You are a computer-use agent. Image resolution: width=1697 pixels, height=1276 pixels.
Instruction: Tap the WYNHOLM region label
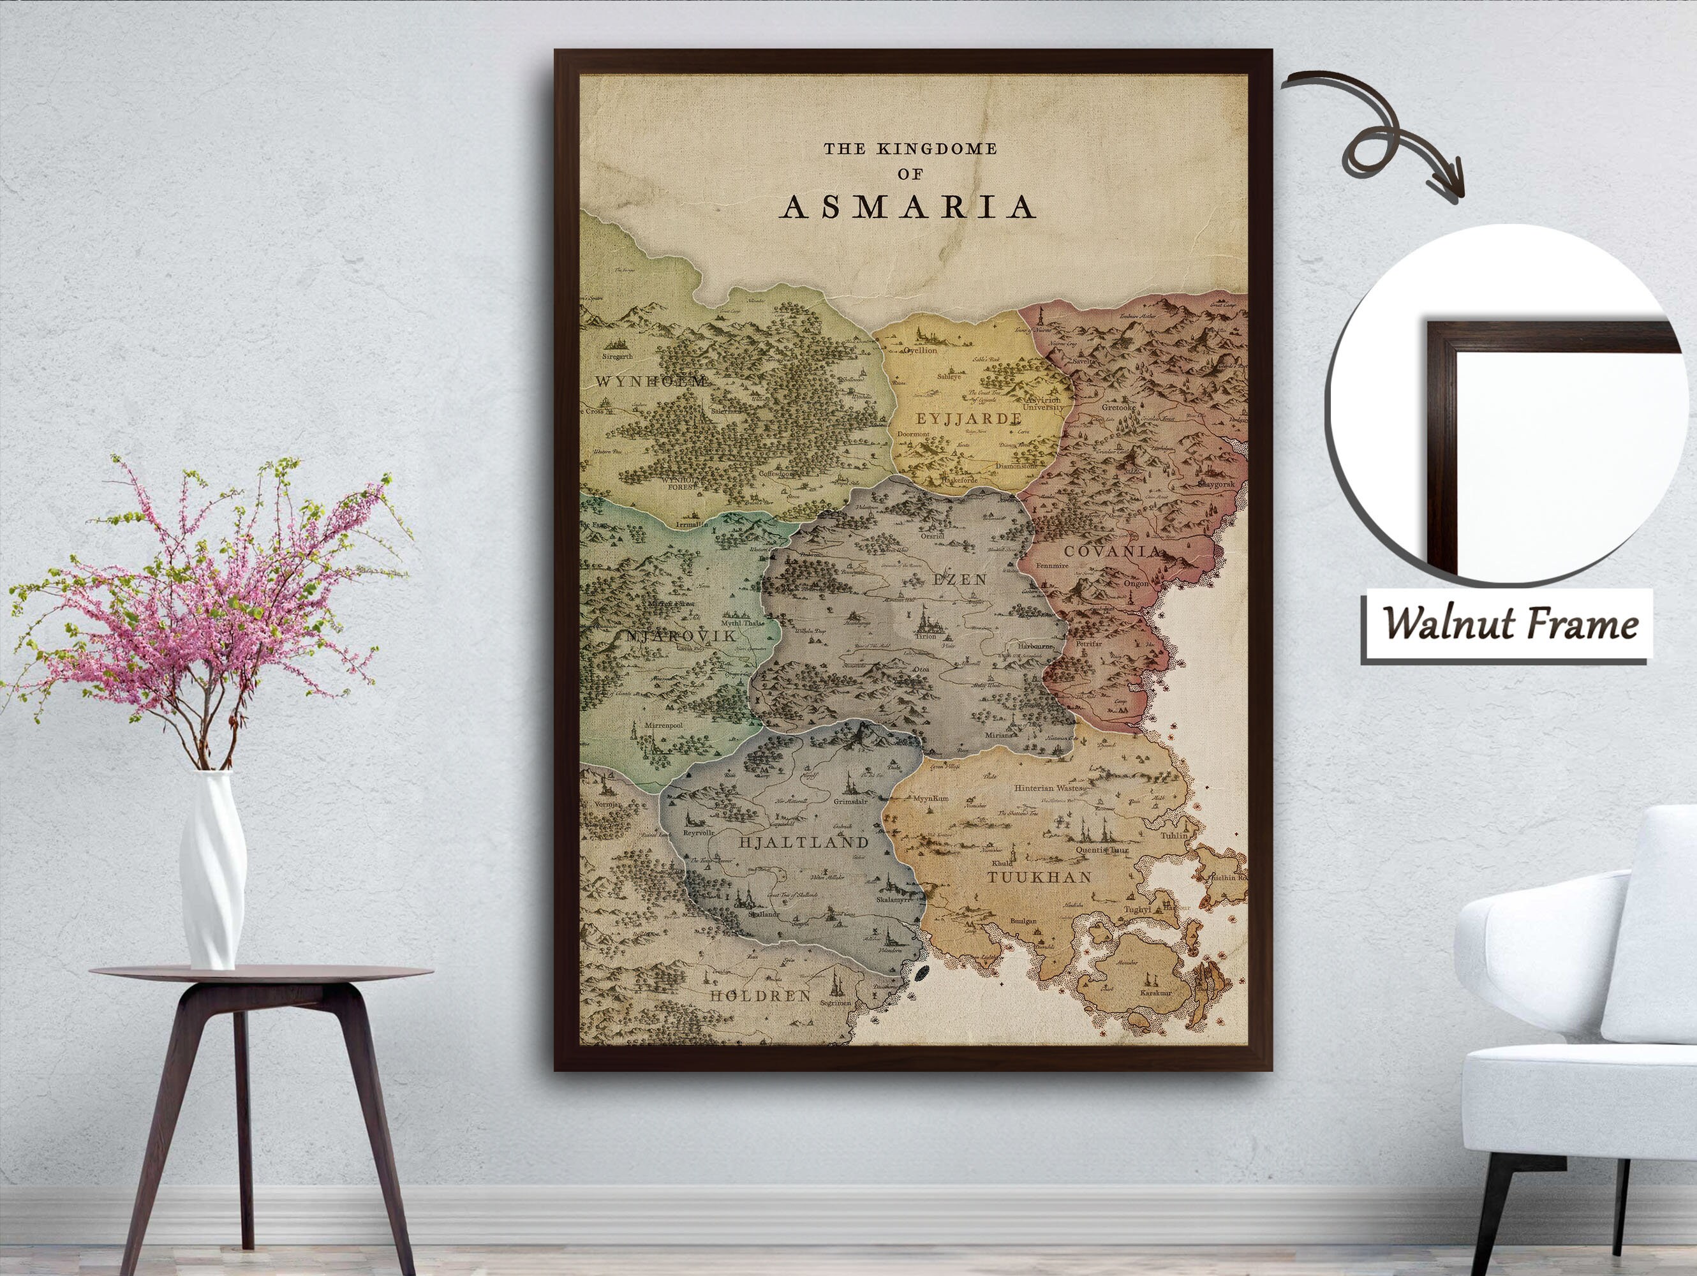pos(651,381)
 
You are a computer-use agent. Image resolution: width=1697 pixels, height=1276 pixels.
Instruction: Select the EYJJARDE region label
pos(968,419)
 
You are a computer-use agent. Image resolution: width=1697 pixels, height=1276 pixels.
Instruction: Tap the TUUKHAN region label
pos(1039,877)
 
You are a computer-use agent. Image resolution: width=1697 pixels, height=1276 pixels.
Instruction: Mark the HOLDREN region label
pos(760,996)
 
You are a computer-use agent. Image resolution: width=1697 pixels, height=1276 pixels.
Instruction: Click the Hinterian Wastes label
pos(1049,788)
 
